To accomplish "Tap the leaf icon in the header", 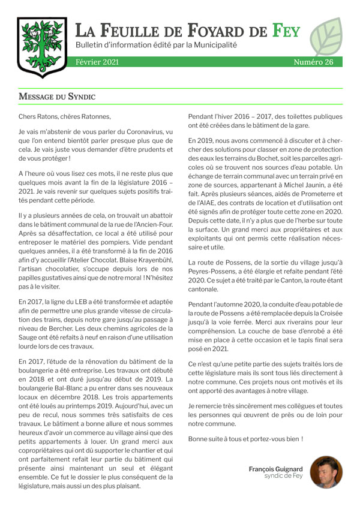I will pos(326,37).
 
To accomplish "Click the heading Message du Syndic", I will pos(57,97).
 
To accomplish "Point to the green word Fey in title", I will pos(286,29).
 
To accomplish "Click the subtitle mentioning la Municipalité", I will pos(156,45).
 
